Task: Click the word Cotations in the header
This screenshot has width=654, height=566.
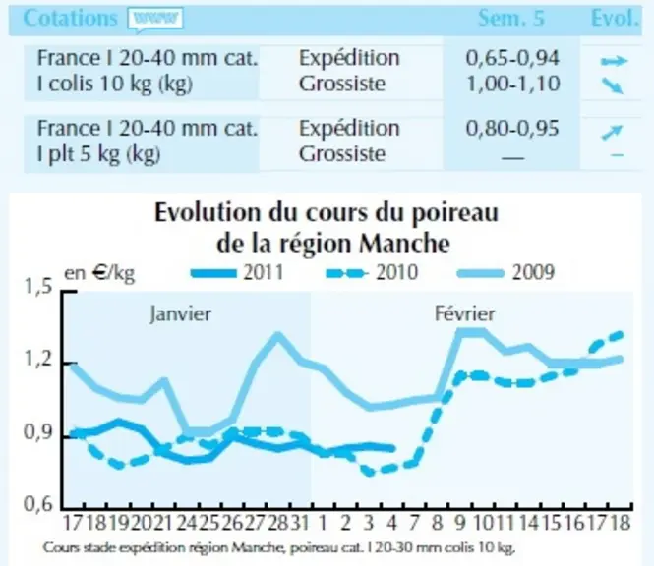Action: tap(70, 19)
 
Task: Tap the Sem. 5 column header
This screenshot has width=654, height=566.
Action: tap(511, 19)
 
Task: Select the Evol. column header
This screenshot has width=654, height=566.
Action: tap(616, 19)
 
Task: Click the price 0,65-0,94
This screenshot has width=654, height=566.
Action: tap(512, 58)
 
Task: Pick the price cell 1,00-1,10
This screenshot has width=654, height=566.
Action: tap(513, 84)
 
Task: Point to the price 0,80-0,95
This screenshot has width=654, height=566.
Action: tap(512, 129)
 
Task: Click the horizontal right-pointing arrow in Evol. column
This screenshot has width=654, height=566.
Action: tap(614, 61)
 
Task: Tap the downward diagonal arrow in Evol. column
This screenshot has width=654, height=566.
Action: tap(613, 86)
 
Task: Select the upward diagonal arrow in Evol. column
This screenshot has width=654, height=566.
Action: tap(612, 133)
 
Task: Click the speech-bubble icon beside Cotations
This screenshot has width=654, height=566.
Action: tap(155, 20)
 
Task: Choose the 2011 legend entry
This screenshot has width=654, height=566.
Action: tap(237, 273)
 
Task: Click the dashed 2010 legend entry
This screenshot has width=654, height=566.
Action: tap(372, 273)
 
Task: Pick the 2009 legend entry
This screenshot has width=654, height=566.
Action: tap(505, 273)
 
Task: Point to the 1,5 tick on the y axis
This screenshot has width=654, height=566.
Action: tap(38, 287)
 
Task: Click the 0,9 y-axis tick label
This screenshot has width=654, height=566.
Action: tap(38, 433)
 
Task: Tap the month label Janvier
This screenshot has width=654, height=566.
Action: tap(181, 313)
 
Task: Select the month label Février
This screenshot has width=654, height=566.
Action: tap(464, 313)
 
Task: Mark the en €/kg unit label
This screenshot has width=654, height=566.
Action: tap(99, 274)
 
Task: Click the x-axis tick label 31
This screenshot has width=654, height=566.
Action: tap(299, 523)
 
